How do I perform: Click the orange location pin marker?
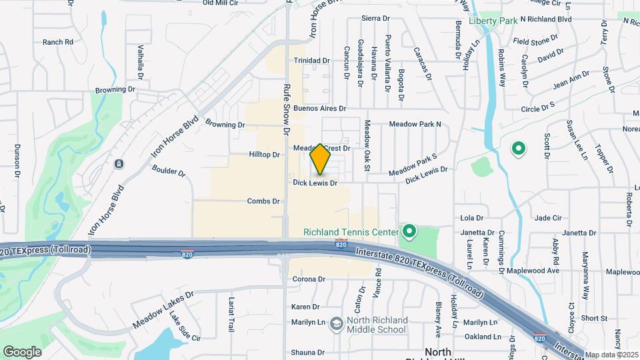click(x=321, y=159)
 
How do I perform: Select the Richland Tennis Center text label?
click(x=351, y=232)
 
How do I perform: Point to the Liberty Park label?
click(x=493, y=21)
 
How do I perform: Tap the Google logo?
click(x=23, y=351)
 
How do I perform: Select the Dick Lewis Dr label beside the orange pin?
click(x=315, y=182)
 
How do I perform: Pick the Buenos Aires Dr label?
click(x=320, y=108)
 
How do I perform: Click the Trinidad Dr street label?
click(x=312, y=60)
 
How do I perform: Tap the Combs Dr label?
click(x=263, y=201)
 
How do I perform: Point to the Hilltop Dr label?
click(x=264, y=154)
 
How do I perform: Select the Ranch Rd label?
click(x=57, y=42)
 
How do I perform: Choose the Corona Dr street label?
click(x=307, y=279)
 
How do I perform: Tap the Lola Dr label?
click(x=471, y=218)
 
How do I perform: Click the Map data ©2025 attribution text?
click(x=611, y=354)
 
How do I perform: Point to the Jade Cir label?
click(x=549, y=218)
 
